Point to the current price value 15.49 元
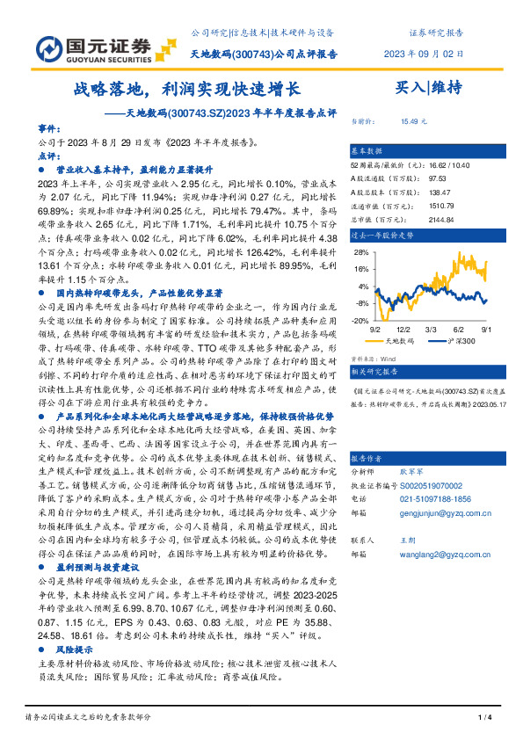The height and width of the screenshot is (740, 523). tap(414, 122)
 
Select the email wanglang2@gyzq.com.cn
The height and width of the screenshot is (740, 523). tap(435, 555)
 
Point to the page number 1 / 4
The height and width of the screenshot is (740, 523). tap(483, 719)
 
